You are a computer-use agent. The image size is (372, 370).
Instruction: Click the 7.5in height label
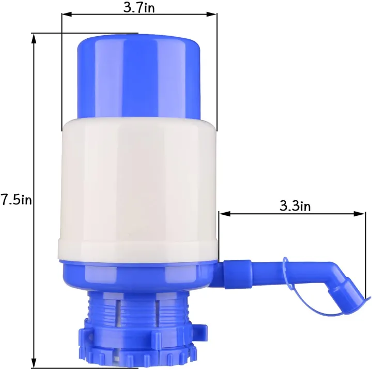(17, 200)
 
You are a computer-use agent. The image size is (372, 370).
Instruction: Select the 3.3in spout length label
(295, 206)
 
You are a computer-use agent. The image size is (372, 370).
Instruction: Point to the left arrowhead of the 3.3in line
(222, 213)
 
